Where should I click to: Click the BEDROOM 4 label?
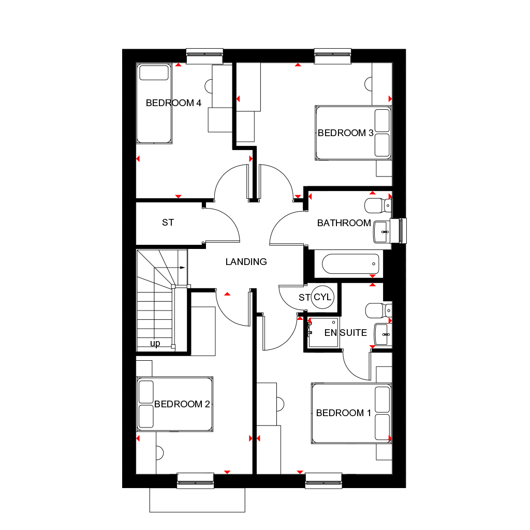(x=173, y=103)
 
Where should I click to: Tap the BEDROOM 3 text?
(x=345, y=133)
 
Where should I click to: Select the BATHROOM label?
(x=344, y=223)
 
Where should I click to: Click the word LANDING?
(x=246, y=262)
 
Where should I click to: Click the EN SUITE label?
(x=346, y=333)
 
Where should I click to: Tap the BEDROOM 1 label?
(x=343, y=413)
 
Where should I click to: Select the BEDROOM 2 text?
(x=182, y=404)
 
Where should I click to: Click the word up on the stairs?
(x=155, y=344)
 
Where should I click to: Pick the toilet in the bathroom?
(x=377, y=206)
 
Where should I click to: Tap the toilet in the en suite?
(x=377, y=311)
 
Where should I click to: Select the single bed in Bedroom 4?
(x=154, y=104)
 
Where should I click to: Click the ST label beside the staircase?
(x=168, y=223)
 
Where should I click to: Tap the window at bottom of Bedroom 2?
(x=196, y=481)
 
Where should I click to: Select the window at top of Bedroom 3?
(x=333, y=56)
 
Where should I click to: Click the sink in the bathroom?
(x=381, y=231)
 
